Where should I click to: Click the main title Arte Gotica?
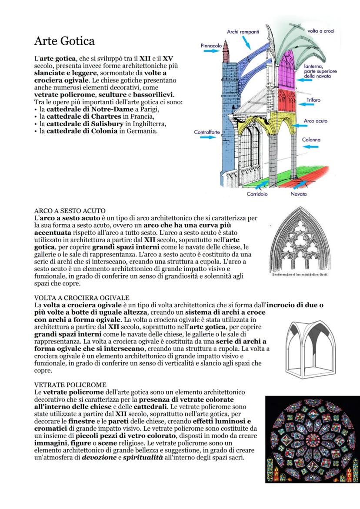64,41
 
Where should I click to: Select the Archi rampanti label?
243,32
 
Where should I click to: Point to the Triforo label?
313,100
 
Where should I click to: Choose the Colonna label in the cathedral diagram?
311,140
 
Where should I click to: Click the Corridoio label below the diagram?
257,194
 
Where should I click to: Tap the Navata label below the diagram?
299,194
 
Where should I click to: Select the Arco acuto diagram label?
315,121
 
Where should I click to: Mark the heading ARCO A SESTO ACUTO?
70,211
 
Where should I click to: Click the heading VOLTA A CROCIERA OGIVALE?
82,298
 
